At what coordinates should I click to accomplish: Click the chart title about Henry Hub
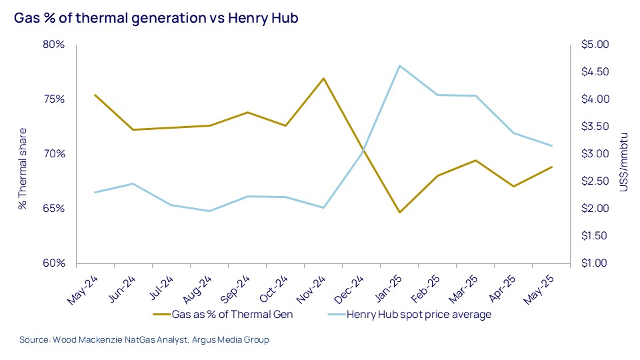click(155, 18)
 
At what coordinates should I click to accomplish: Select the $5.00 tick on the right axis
click(595, 45)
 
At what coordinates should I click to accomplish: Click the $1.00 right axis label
click(595, 263)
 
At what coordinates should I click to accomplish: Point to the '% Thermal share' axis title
click(23, 168)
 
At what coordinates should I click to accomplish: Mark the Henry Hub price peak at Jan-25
click(399, 65)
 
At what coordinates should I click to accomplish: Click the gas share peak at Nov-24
click(323, 79)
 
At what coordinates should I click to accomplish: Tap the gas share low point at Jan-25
click(399, 213)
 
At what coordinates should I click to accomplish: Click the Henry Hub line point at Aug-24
click(209, 211)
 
